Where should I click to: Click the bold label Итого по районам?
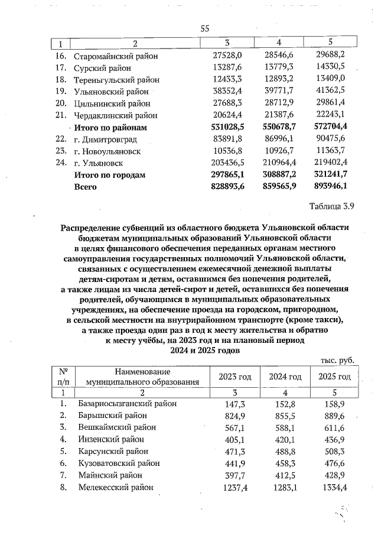tap(110, 127)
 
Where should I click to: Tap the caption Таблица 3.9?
tap(335, 206)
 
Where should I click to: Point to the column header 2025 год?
tap(334, 377)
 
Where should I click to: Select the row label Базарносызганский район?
tap(128, 404)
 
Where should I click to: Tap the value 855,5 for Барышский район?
tap(286, 416)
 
